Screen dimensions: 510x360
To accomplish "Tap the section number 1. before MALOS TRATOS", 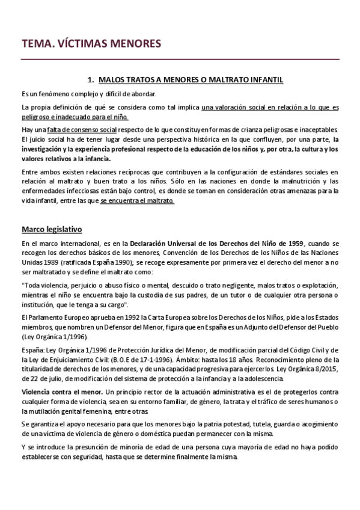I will pos(91,79).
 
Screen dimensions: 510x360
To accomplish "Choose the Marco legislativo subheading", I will pos(52,229).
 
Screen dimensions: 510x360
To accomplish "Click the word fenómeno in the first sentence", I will pos(50,94).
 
